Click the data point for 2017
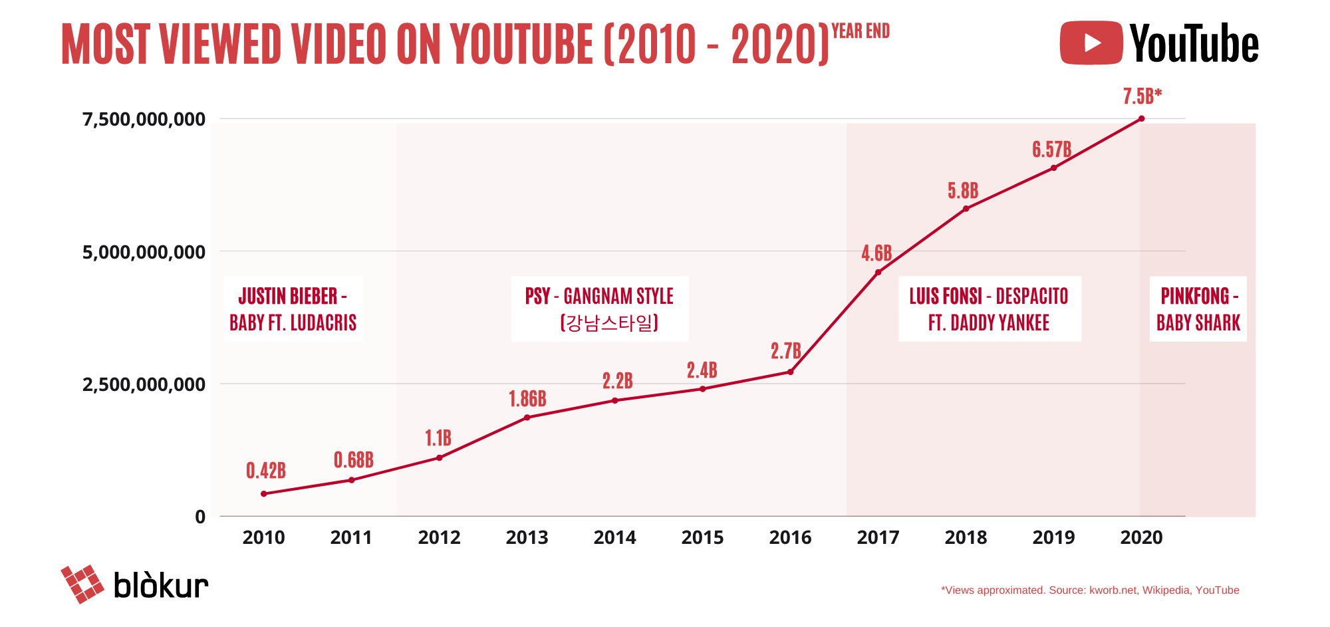[878, 272]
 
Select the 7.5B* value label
[1142, 97]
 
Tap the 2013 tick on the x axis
[527, 537]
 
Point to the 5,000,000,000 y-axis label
[143, 252]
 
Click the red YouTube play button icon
[1091, 43]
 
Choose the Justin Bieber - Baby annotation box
[293, 309]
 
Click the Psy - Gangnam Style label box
[599, 309]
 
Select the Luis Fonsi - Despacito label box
[989, 309]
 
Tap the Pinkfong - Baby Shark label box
[1198, 309]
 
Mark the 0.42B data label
[266, 471]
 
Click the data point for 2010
[264, 493]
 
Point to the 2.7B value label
[785, 350]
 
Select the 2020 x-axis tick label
[1141, 537]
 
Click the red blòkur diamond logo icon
[82, 584]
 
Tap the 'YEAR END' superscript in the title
[861, 31]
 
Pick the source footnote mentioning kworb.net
[1090, 590]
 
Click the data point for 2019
[1053, 168]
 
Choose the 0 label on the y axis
[200, 517]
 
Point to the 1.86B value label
[527, 399]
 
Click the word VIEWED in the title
[220, 45]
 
